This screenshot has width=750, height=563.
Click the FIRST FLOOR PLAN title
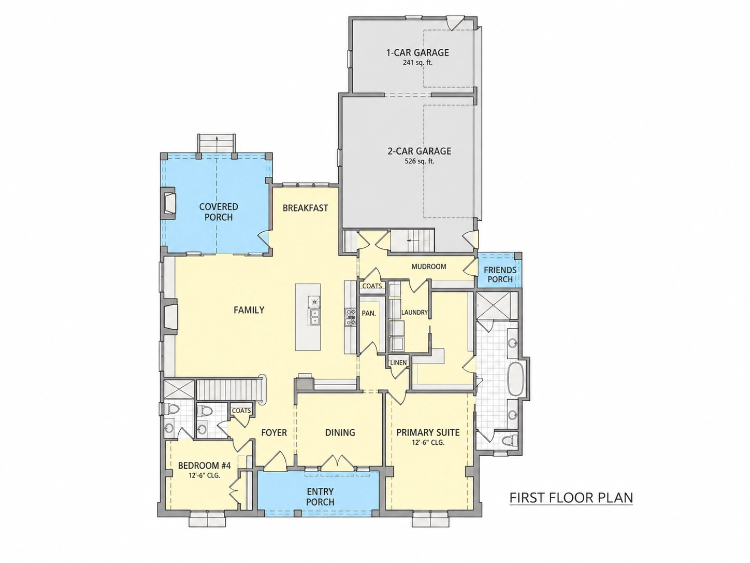(571, 498)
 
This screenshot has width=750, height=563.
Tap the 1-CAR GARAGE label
(417, 53)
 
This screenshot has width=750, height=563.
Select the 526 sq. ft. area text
(420, 161)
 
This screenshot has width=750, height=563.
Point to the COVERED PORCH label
(219, 212)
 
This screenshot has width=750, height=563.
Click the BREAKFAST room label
(306, 208)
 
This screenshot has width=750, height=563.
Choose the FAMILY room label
(249, 310)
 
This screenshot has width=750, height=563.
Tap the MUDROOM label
(429, 266)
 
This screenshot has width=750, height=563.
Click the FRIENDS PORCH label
(500, 274)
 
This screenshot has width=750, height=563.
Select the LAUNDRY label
(414, 312)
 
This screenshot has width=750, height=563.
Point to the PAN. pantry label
(369, 313)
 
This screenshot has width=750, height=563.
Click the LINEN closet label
(398, 363)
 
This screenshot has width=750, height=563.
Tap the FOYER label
(274, 432)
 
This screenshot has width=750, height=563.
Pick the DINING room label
(340, 432)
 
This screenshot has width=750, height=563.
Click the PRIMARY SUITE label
(428, 432)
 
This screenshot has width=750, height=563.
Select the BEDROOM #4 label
(205, 465)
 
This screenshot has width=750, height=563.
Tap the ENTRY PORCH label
(320, 497)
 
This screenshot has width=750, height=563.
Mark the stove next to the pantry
(351, 317)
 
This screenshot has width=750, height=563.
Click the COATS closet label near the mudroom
(372, 286)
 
